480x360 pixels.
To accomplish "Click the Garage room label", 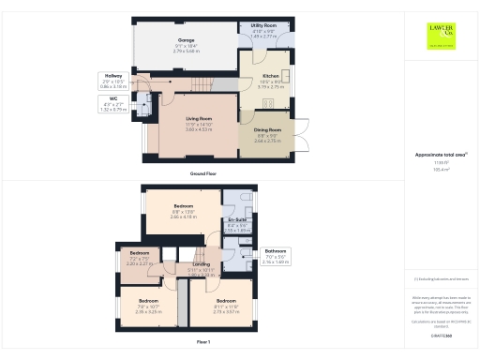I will [186, 44].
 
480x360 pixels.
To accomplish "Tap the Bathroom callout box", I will [275, 259].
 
